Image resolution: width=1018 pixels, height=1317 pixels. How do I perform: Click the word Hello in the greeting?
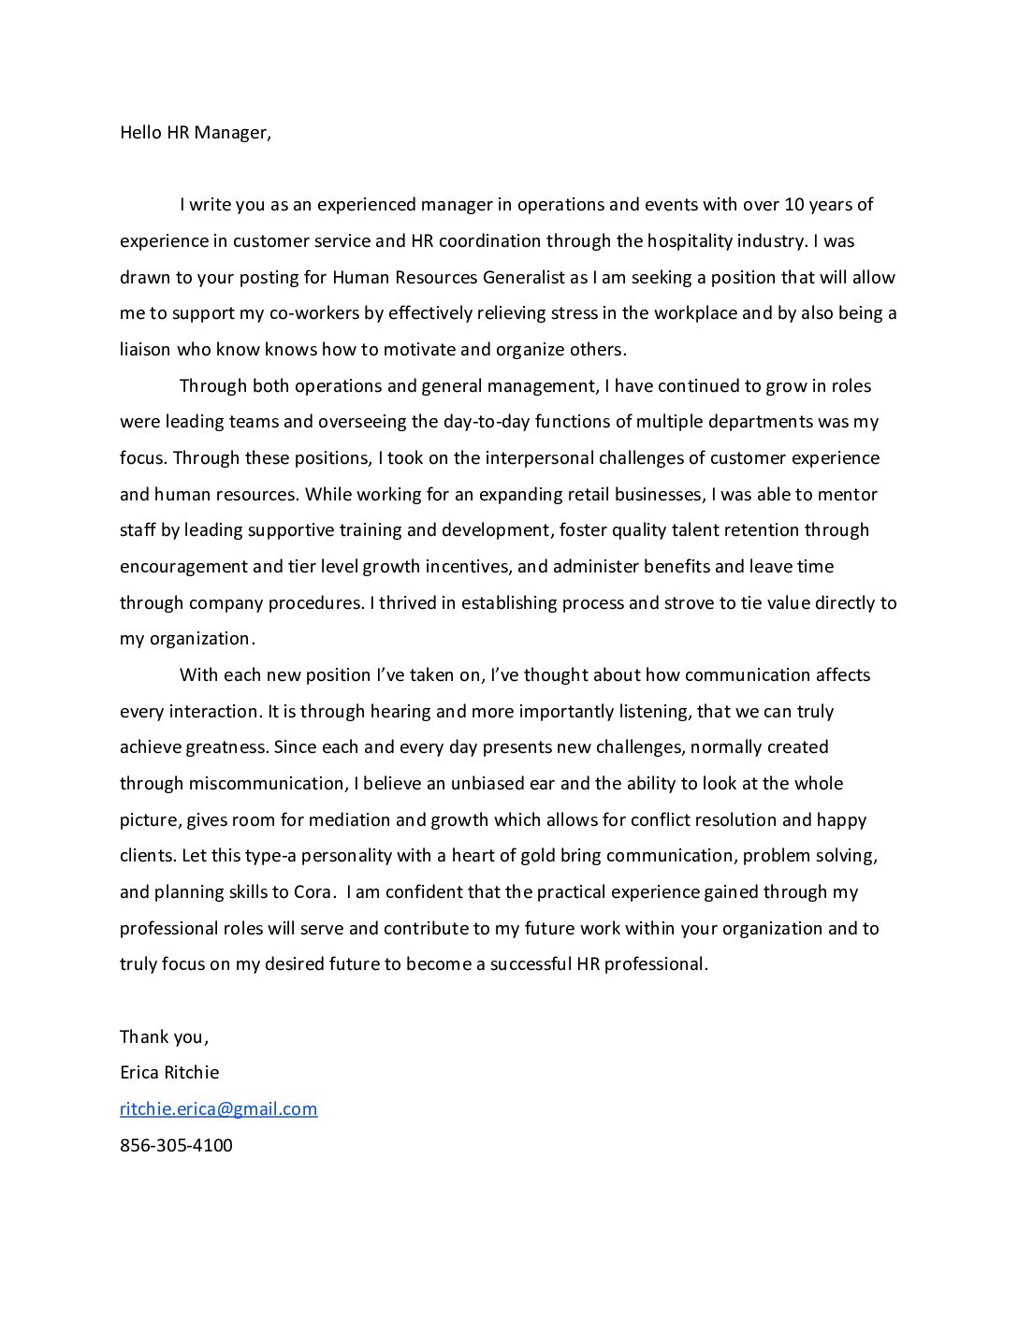[x=140, y=133]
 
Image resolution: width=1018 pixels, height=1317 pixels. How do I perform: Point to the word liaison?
[x=145, y=350]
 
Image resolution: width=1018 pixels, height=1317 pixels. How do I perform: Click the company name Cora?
[x=313, y=892]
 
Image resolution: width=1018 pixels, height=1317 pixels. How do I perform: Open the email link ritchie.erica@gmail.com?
[x=218, y=1109]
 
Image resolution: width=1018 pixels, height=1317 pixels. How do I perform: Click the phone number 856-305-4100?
[x=176, y=1146]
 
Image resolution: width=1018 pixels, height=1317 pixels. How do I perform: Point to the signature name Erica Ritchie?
[x=169, y=1073]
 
